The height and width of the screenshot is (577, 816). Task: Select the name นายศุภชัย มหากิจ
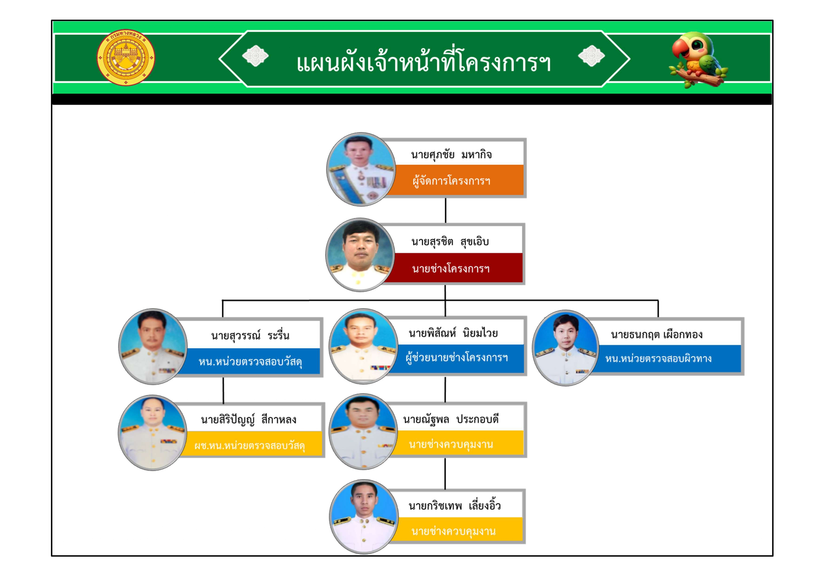coord(451,155)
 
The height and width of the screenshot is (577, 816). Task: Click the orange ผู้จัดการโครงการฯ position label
coord(451,181)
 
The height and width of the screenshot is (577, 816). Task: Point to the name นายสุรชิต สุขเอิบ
coord(450,242)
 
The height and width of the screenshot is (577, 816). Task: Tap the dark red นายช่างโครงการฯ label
coord(451,268)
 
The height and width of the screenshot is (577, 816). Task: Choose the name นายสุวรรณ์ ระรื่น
coord(250,335)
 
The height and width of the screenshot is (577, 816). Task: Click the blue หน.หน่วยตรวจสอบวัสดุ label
coord(250,362)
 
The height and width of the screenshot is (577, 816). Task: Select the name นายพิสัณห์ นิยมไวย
coord(453,333)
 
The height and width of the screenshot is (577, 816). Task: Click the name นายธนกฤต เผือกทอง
coord(656,334)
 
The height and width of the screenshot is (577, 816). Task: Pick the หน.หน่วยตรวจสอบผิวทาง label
coord(658,358)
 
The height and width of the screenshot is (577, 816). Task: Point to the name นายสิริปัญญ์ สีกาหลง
coord(248,420)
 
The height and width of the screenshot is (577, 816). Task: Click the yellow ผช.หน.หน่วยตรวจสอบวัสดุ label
coord(250,445)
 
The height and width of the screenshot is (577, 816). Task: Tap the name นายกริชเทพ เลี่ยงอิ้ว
coord(455,506)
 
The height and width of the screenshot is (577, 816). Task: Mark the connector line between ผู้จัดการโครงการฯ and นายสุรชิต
coord(446,210)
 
